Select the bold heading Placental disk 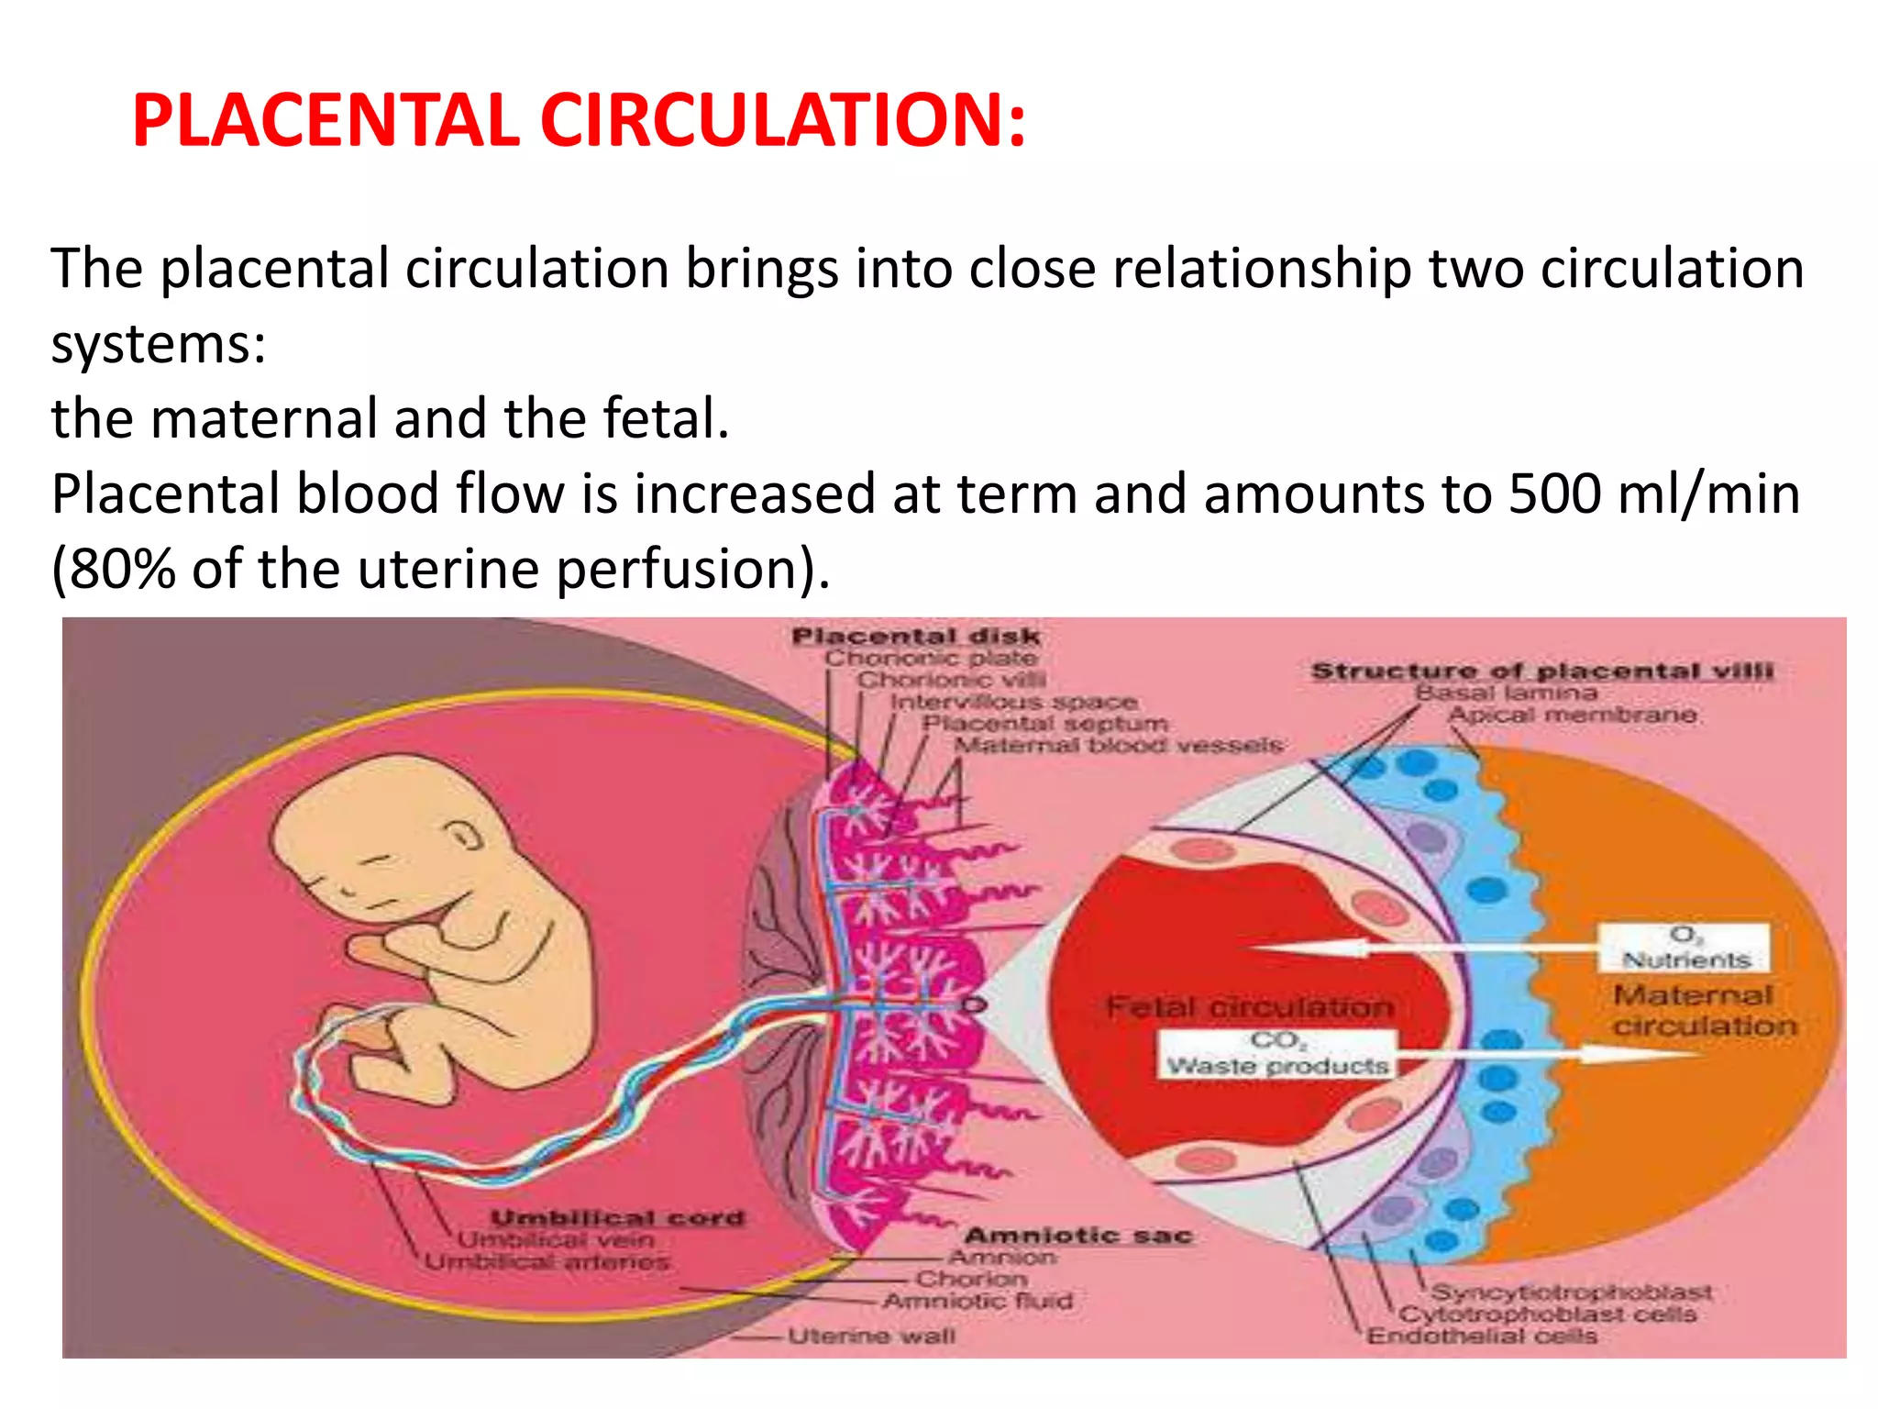[915, 636]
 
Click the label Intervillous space [1013, 702]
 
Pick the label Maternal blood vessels [1118, 745]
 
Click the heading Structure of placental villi [1541, 671]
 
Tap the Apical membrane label [1572, 715]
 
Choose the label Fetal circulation [1249, 1006]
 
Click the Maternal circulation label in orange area [1704, 1010]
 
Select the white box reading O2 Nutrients [1685, 949]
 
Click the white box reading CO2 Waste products [1276, 1054]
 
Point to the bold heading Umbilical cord [617, 1217]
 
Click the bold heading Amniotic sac [1077, 1236]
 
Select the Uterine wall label [871, 1337]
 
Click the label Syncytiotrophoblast [1571, 1293]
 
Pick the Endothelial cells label [1482, 1337]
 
